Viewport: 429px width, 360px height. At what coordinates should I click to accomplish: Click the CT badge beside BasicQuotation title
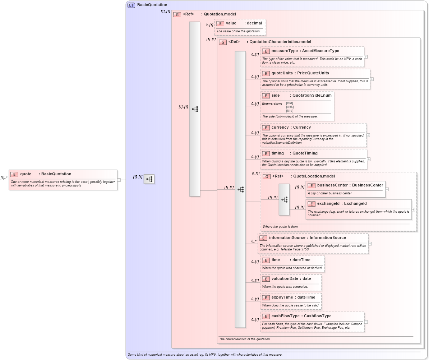(132, 5)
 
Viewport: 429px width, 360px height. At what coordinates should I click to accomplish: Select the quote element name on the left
(26, 174)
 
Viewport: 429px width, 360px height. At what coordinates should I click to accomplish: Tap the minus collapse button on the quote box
(119, 180)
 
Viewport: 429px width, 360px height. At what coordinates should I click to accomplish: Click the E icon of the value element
(220, 23)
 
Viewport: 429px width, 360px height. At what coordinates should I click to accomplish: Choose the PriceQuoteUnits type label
(313, 73)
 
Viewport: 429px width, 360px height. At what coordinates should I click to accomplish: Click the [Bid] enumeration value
(290, 103)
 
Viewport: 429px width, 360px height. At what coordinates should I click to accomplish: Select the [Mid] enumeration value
(290, 111)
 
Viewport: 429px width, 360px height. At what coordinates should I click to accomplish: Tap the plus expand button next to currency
(368, 135)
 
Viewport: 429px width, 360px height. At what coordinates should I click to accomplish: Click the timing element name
(277, 153)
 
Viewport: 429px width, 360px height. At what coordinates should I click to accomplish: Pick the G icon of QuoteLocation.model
(267, 176)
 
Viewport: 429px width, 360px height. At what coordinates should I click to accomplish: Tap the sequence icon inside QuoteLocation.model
(284, 199)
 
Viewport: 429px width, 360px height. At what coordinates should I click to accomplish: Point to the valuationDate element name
(286, 279)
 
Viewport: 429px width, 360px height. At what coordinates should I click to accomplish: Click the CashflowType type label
(318, 316)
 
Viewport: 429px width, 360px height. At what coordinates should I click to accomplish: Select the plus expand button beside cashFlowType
(366, 322)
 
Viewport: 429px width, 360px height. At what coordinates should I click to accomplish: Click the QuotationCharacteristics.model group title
(278, 42)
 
